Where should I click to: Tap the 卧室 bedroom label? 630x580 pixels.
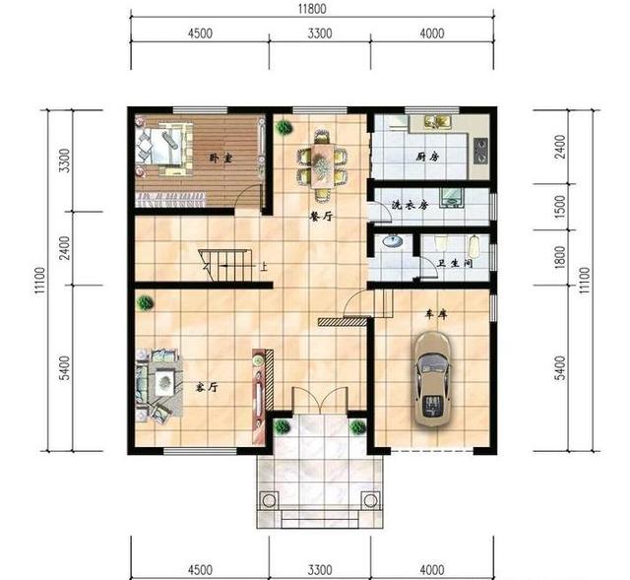[x=220, y=158]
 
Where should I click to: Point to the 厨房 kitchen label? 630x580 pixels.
[x=427, y=156]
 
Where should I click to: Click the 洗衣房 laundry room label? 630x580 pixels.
[x=410, y=205]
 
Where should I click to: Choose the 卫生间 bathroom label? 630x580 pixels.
[x=455, y=263]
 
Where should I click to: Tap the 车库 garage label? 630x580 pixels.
[x=436, y=315]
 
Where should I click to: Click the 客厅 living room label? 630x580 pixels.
[x=207, y=387]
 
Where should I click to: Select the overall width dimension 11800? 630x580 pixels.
[x=312, y=9]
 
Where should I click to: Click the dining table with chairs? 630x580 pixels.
[x=323, y=164]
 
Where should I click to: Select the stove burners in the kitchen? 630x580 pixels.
[x=481, y=151]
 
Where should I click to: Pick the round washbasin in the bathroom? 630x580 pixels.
[x=392, y=241]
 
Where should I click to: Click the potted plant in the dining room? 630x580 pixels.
[x=284, y=128]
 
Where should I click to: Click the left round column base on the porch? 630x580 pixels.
[x=268, y=499]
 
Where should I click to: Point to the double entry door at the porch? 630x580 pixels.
[x=319, y=400]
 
